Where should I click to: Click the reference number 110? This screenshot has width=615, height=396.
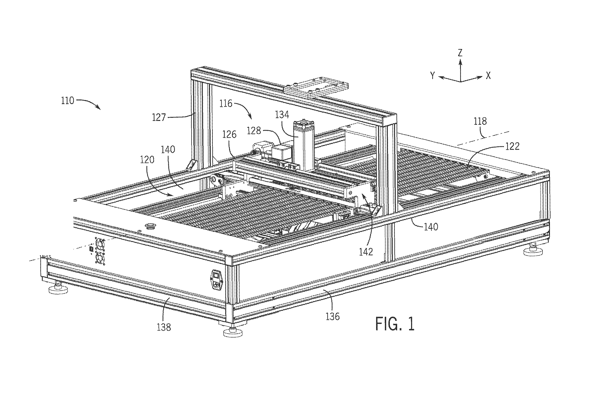tap(68, 101)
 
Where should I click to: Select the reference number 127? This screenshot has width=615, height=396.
tap(159, 117)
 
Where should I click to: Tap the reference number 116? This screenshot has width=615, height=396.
tap(226, 104)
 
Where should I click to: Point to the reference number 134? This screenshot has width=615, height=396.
tap(282, 115)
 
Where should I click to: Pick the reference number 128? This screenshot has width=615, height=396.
tap(254, 131)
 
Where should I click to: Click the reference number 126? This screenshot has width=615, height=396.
tap(229, 134)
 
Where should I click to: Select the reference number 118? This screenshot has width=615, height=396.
tap(480, 121)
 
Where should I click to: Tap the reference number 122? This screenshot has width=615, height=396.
tap(512, 146)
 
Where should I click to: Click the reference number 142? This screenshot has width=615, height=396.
tap(366, 252)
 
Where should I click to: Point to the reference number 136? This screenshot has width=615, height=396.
tap(333, 316)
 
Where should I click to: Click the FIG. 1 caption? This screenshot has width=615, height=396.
tap(395, 323)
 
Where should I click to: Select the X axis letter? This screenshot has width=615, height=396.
tap(488, 75)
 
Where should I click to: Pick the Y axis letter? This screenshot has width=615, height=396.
tap(433, 75)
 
